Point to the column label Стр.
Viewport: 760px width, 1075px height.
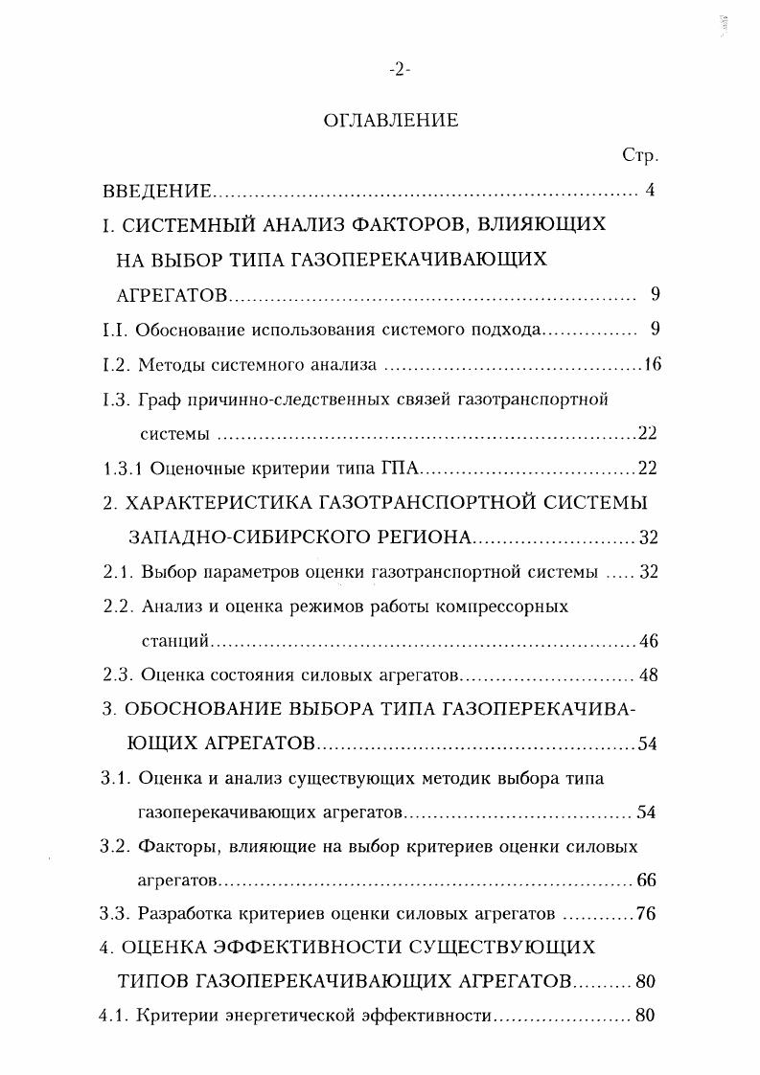click(638, 155)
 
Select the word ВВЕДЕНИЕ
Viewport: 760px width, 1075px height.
click(156, 191)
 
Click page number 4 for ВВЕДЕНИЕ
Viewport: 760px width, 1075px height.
click(650, 190)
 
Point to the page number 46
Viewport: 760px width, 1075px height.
click(647, 641)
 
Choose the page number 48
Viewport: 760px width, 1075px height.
click(648, 675)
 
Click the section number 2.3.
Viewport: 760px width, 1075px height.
click(117, 675)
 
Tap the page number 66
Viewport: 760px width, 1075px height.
click(646, 881)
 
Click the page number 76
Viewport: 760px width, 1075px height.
click(646, 914)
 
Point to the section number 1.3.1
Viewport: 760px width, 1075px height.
click(121, 469)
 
